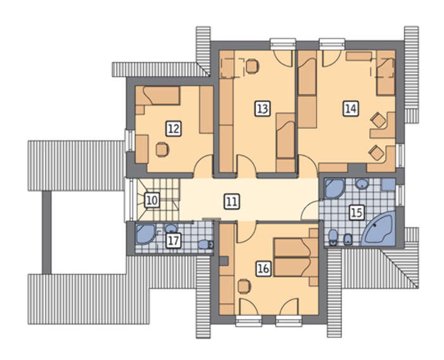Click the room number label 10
(152, 200)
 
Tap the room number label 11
(232, 201)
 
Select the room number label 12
(174, 129)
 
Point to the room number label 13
(263, 108)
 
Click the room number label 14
(351, 108)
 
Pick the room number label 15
(356, 212)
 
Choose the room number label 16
(264, 268)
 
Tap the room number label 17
(173, 241)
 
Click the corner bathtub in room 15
(378, 230)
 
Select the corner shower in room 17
(145, 234)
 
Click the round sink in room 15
(362, 184)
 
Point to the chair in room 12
(162, 149)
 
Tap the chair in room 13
(252, 67)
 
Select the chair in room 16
(244, 286)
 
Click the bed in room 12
(161, 96)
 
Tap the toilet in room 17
(206, 244)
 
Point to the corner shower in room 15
(334, 188)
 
